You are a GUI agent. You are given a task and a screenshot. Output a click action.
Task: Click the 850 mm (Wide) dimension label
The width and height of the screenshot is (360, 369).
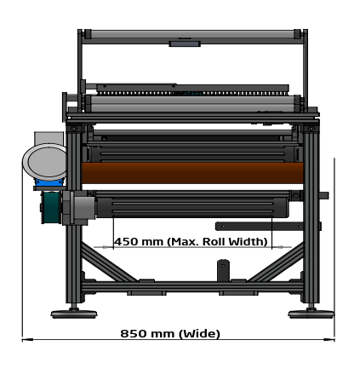[170, 333]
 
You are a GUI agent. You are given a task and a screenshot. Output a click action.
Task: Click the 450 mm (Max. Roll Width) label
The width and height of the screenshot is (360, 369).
[191, 242]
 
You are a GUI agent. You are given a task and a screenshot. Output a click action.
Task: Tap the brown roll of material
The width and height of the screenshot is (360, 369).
[192, 173]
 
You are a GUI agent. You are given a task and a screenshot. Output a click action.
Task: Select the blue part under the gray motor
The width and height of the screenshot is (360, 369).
[49, 182]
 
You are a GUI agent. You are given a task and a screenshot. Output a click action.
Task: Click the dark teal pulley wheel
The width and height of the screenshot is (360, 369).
[51, 207]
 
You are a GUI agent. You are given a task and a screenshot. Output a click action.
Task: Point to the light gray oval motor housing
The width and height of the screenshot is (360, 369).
[45, 162]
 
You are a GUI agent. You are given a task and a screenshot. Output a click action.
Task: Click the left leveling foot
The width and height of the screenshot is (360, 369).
[74, 314]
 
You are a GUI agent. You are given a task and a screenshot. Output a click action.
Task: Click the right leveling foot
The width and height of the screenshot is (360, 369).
[311, 314]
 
